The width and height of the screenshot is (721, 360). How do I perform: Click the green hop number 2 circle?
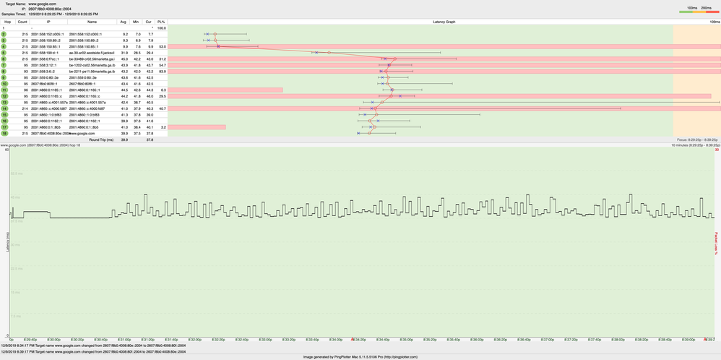click(4, 34)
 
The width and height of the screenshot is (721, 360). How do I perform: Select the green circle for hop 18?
click(4, 134)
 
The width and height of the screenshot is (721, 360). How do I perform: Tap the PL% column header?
click(161, 22)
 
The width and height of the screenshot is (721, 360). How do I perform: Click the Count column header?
click(22, 22)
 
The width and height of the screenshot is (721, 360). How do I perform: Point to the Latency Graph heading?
click(444, 22)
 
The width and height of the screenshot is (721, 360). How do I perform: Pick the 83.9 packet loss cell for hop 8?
click(163, 72)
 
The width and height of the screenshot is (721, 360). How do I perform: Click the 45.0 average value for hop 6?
click(125, 59)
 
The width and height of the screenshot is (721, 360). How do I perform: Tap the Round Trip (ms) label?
click(100, 140)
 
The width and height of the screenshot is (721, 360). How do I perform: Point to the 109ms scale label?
click(714, 22)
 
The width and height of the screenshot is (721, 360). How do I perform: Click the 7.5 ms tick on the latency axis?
click(14, 315)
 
